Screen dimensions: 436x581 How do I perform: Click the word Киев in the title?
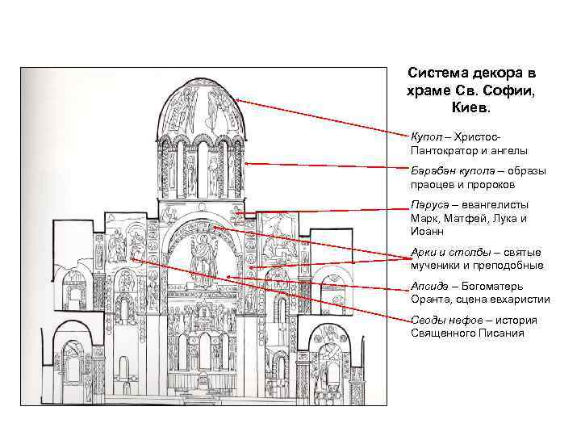click(x=471, y=107)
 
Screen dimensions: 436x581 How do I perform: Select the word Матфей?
click(x=467, y=218)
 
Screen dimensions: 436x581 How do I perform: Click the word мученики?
click(x=436, y=266)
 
